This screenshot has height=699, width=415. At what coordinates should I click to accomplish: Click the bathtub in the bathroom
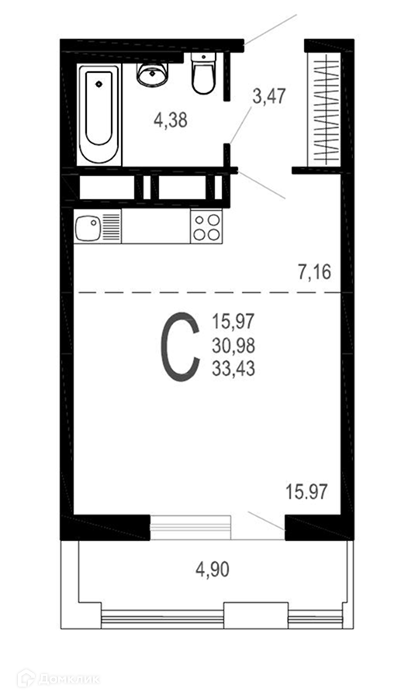pos(99,115)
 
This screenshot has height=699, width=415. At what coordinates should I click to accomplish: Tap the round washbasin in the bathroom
pos(152,74)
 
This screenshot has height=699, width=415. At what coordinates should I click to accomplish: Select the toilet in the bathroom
pos(203,73)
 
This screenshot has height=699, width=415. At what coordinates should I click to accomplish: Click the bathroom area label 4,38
pos(171,120)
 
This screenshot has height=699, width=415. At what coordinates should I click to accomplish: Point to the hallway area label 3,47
pos(268,96)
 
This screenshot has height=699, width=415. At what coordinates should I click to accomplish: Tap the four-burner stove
pos(206,226)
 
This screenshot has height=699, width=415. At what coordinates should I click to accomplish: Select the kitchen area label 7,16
pos(315,271)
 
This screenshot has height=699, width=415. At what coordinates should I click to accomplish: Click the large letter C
pos(180,347)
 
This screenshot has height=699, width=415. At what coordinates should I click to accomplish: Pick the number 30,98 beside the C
pos(233,345)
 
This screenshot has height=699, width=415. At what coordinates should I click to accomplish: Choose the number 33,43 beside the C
pos(233,369)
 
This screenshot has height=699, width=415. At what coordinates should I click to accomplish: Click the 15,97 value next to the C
pos(233,321)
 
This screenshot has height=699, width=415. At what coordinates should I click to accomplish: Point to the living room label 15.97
pos(306,492)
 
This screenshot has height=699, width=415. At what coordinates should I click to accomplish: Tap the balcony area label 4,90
pos(213,570)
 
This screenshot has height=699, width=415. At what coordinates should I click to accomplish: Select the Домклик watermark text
pos(69,680)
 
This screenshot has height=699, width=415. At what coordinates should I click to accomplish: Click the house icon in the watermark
pos(26,679)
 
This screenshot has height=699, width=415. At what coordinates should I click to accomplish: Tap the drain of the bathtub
pos(99,83)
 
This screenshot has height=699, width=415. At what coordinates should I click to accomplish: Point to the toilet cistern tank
pos(203,58)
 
